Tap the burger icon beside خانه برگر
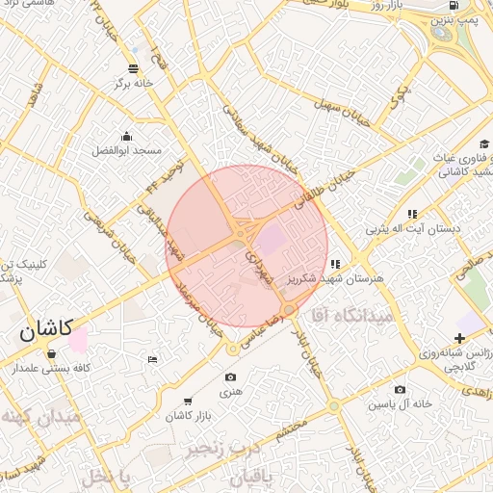(132, 68)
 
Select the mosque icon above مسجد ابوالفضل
(127, 136)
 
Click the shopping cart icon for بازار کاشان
(187, 401)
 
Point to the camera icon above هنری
(230, 377)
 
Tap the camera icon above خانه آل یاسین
(400, 390)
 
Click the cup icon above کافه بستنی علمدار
(50, 353)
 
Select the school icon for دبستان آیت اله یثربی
(412, 214)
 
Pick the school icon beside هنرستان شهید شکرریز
(334, 263)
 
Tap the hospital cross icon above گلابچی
(460, 338)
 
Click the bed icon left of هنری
(152, 359)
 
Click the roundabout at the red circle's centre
(240, 234)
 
